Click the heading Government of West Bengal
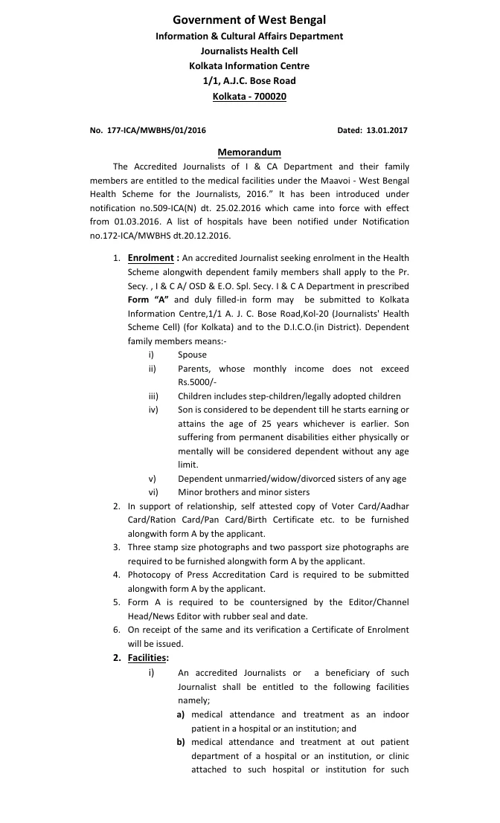(249, 20)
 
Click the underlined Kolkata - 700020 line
(249, 96)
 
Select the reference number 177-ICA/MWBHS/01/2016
(158, 130)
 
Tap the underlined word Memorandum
(249, 152)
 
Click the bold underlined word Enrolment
(150, 258)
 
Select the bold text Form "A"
(149, 299)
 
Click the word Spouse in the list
(192, 355)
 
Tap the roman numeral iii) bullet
(153, 396)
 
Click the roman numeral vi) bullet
(153, 492)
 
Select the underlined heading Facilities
(148, 658)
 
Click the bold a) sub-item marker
(181, 714)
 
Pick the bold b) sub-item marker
(181, 742)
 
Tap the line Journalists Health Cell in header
(249, 51)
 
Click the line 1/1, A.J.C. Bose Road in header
(249, 80)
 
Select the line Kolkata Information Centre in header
(249, 65)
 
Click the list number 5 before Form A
(117, 602)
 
